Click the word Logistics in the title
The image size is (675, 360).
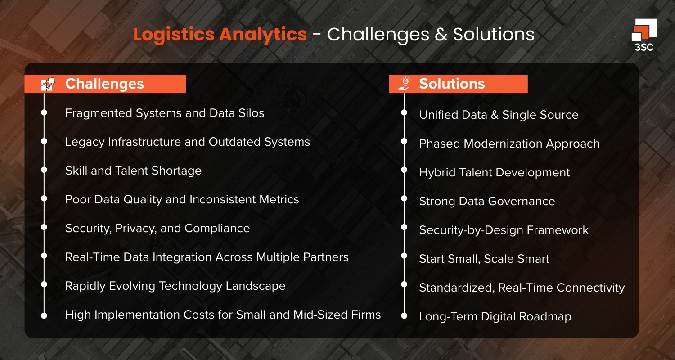(x=175, y=35)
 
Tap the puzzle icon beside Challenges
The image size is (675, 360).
(x=48, y=84)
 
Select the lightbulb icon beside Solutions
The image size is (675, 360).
(x=405, y=84)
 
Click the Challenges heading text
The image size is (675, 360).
(x=104, y=84)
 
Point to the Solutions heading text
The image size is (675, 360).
(x=452, y=84)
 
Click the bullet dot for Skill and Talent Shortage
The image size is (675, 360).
(x=44, y=170)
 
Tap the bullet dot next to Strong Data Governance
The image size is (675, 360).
(x=404, y=201)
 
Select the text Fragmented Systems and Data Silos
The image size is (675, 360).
(x=165, y=113)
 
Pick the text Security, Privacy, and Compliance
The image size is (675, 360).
(x=157, y=229)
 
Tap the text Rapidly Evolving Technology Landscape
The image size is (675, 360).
(x=175, y=286)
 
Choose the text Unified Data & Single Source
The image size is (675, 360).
(x=499, y=115)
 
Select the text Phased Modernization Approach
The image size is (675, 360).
(x=509, y=144)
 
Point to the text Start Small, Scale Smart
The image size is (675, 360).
(x=484, y=259)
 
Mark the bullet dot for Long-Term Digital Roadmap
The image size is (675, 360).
(x=404, y=316)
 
